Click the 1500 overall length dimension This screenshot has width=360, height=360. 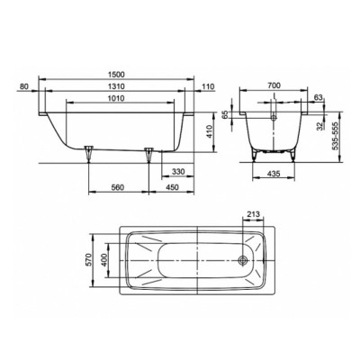click(x=116, y=74)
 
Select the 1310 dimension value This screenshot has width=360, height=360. click(x=116, y=86)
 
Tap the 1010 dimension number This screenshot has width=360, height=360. click(x=116, y=98)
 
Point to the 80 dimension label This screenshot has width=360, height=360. click(x=23, y=86)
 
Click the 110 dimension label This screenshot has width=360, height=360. click(x=209, y=86)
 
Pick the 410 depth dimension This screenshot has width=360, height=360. click(x=210, y=131)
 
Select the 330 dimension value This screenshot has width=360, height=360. click(x=178, y=172)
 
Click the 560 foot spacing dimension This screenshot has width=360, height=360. click(x=118, y=187)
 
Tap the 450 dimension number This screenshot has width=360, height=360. click(x=172, y=187)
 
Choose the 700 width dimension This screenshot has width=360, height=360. click(x=274, y=85)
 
